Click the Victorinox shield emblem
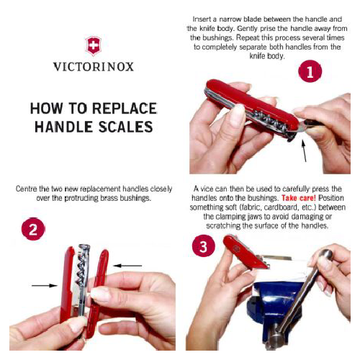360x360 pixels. coord(93,46)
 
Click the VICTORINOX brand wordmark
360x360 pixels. coord(94,67)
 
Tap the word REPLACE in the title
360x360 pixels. coord(125,108)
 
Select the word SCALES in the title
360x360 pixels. coord(126,127)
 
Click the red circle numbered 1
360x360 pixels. coord(310,71)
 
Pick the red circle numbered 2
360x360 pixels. coord(33,229)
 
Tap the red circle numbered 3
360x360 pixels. coord(204,246)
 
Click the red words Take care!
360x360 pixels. coord(299,198)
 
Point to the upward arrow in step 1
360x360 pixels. coord(304,150)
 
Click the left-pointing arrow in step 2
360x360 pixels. coord(127,266)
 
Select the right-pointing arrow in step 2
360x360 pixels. coord(45,285)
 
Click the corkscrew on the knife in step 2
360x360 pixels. coord(81,269)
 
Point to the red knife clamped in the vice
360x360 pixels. coord(246,251)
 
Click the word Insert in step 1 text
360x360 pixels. coord(202,19)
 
